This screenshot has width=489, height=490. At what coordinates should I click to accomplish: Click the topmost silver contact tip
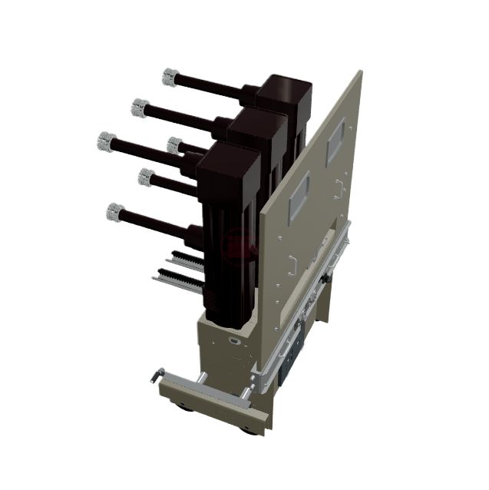tap(170, 76)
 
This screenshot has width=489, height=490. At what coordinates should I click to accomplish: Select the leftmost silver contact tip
tap(107, 141)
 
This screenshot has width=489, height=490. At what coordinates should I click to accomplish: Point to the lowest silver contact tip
tap(115, 210)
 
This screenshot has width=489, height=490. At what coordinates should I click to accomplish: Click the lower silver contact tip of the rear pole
tap(174, 144)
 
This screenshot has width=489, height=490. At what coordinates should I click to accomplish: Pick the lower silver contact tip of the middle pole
tap(146, 177)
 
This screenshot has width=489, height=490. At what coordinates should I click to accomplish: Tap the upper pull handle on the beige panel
tap(339, 186)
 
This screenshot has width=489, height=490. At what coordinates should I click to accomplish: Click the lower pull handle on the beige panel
tap(293, 263)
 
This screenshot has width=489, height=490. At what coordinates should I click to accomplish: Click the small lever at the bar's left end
tap(158, 374)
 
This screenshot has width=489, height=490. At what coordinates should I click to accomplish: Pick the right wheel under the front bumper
tap(247, 428)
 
